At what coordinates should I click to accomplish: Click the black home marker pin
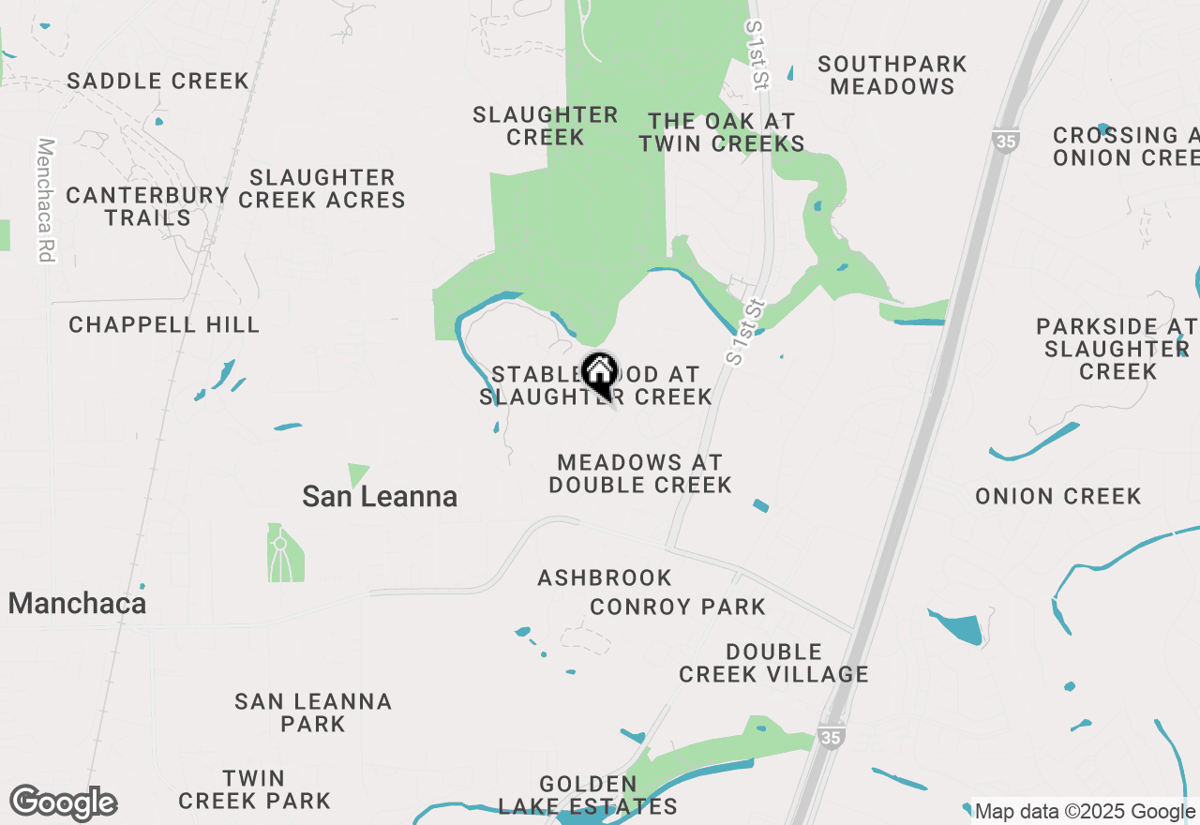click(x=599, y=373)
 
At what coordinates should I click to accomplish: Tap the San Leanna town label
click(x=380, y=496)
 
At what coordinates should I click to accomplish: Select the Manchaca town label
click(x=77, y=603)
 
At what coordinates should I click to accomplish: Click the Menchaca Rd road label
click(x=46, y=201)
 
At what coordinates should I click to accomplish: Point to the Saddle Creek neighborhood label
click(x=158, y=81)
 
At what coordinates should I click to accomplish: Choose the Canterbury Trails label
click(x=147, y=206)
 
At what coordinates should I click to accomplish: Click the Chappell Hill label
click(x=164, y=325)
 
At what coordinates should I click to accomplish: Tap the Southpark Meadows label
click(x=892, y=75)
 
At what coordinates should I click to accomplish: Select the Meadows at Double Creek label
click(x=640, y=473)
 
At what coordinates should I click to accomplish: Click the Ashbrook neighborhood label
click(x=605, y=577)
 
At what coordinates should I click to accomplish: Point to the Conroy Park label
click(x=678, y=607)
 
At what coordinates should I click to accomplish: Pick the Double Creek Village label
click(x=773, y=663)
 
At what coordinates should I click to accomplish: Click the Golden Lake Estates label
click(x=588, y=795)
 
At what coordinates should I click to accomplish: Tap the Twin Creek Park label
click(x=254, y=789)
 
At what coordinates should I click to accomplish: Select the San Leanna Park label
click(x=313, y=712)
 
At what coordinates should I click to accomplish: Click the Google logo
click(x=63, y=803)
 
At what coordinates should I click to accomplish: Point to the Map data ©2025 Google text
click(x=1085, y=812)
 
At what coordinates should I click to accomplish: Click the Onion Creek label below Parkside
click(x=1058, y=496)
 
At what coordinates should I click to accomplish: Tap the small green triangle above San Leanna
click(x=357, y=473)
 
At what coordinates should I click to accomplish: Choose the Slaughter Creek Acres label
click(x=322, y=188)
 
